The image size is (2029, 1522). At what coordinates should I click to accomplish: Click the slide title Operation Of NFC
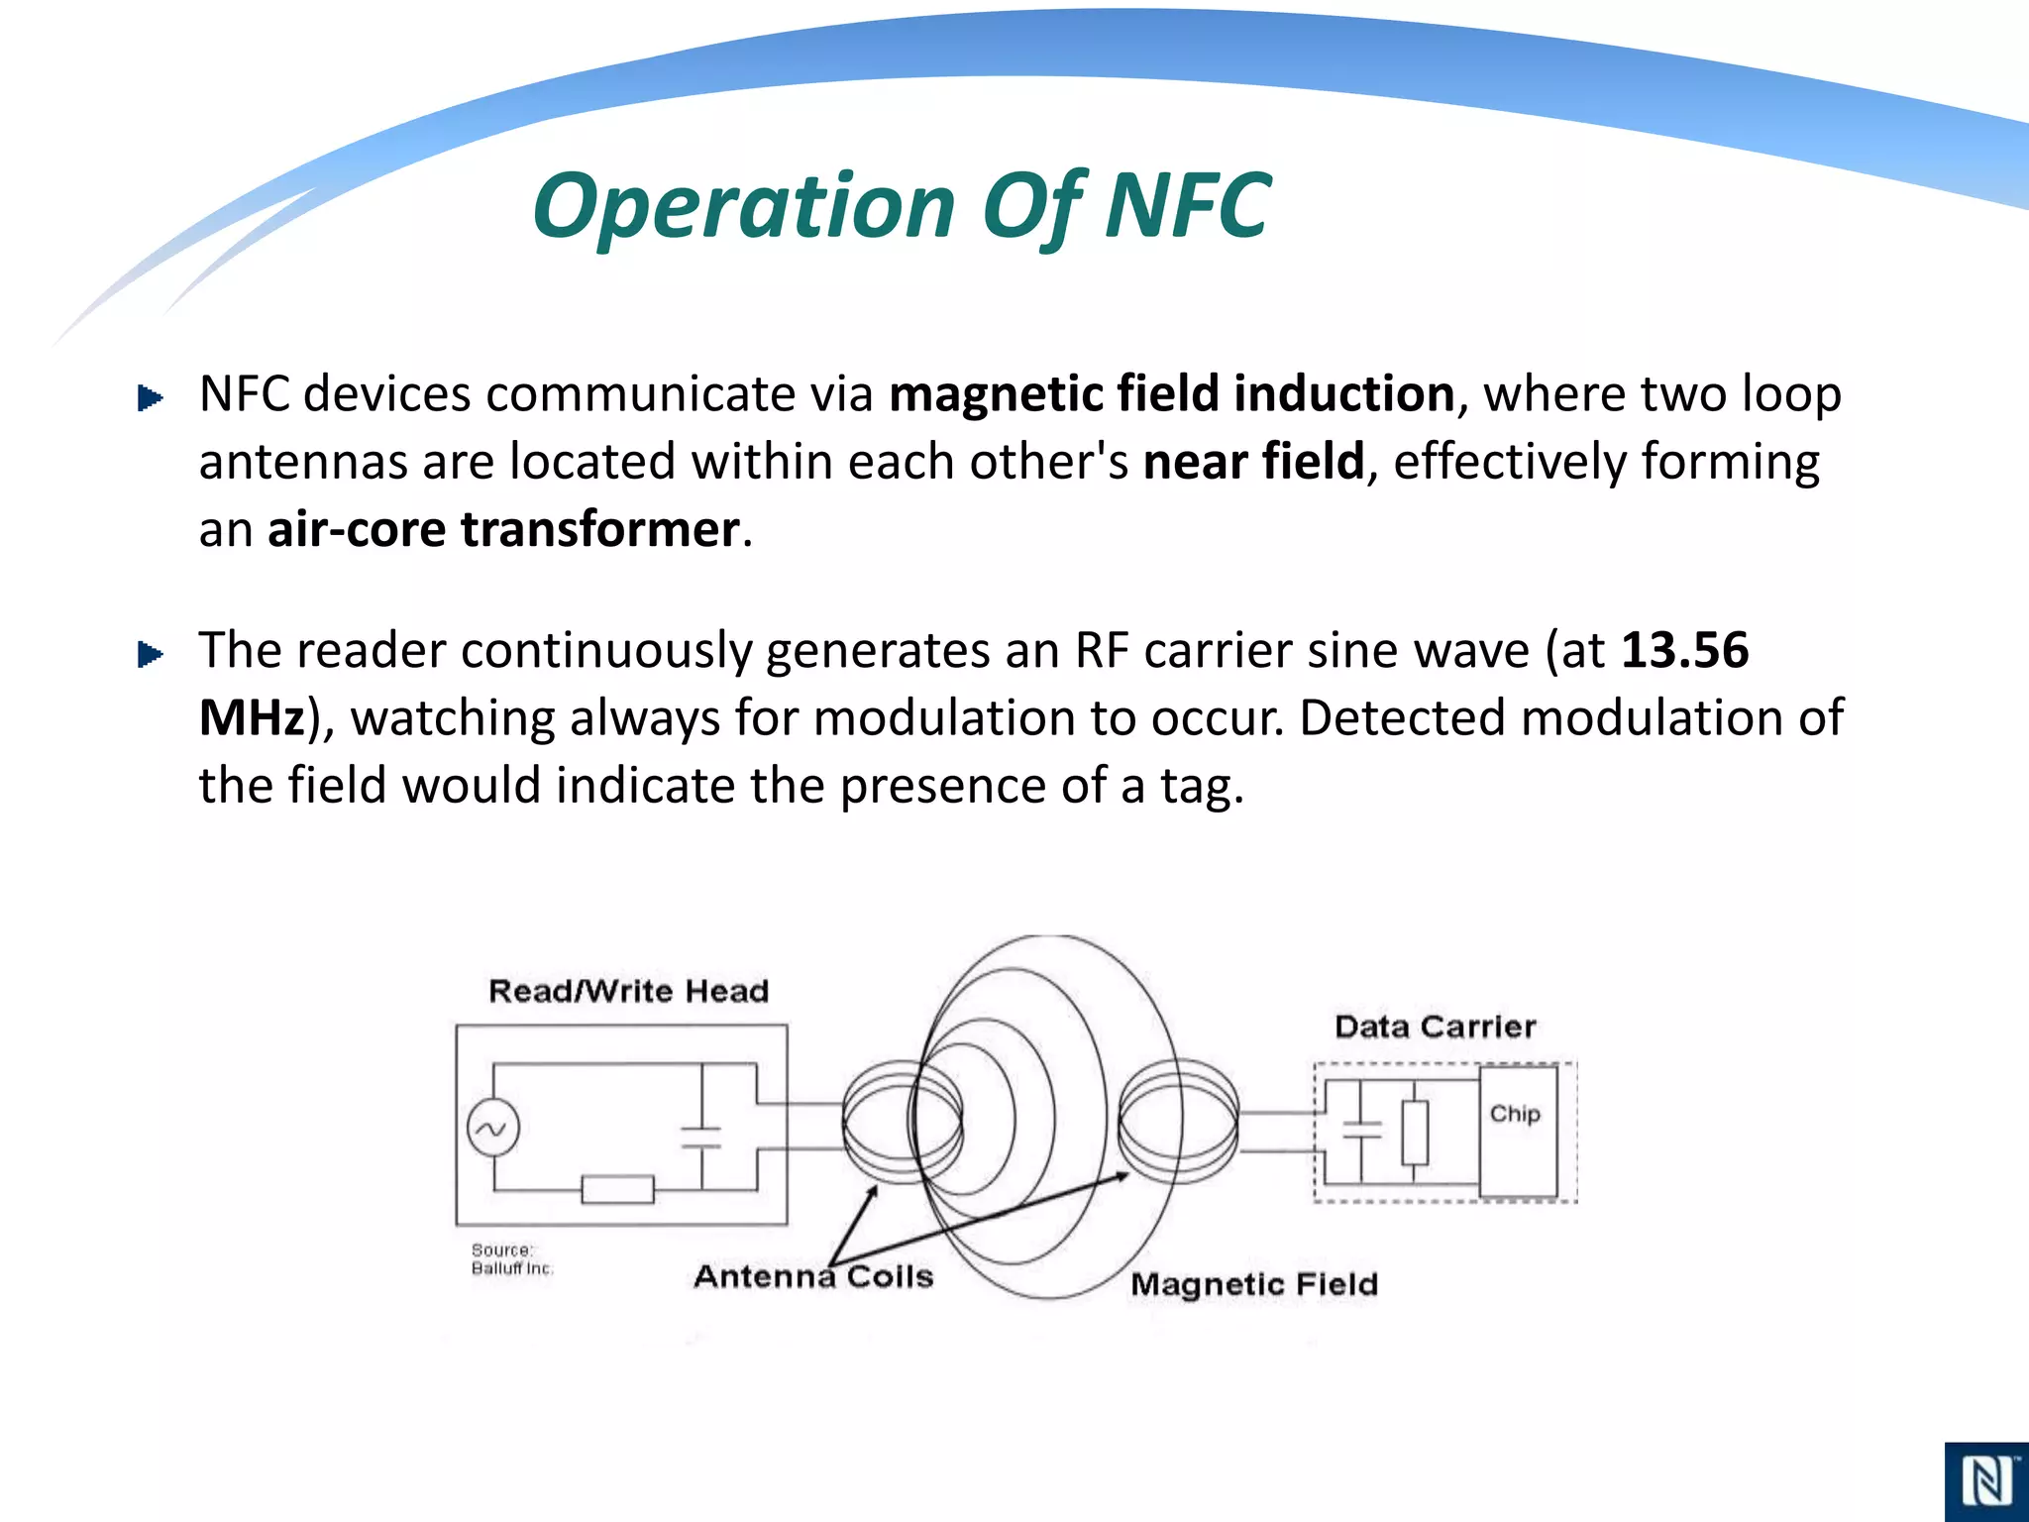click(x=902, y=206)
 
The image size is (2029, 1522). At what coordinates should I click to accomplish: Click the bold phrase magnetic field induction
click(x=1171, y=393)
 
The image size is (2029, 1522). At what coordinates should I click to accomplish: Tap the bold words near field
click(x=1253, y=462)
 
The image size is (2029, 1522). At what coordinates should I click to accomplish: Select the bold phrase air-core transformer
click(x=503, y=529)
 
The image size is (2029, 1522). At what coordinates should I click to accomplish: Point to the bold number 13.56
click(x=1684, y=650)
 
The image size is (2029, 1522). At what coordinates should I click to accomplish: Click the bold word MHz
click(x=252, y=717)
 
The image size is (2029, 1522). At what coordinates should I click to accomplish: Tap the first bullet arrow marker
click(x=150, y=398)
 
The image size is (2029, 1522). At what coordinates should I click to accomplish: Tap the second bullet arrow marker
click(x=150, y=654)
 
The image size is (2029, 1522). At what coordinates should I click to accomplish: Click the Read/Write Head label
click(x=628, y=991)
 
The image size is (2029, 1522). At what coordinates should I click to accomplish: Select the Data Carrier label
click(x=1435, y=1027)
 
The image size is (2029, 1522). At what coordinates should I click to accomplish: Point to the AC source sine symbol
click(x=492, y=1129)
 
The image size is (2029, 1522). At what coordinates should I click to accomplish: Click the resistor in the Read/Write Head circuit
click(x=617, y=1189)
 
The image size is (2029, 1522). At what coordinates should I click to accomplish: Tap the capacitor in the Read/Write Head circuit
click(x=701, y=1137)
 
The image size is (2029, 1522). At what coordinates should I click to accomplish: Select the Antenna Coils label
click(x=813, y=1276)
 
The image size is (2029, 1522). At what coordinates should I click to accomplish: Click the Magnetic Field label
click(x=1253, y=1284)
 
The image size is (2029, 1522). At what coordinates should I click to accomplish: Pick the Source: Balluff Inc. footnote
click(x=511, y=1259)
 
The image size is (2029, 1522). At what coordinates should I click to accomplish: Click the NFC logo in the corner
click(x=1985, y=1482)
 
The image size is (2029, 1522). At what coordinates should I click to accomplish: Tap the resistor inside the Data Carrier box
click(x=1415, y=1133)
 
